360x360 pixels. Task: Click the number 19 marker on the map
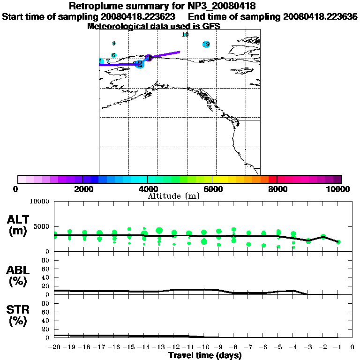pos(206,44)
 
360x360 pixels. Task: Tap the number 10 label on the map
pos(185,35)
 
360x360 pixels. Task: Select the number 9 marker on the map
pos(114,44)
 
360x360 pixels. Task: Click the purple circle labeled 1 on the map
pos(149,58)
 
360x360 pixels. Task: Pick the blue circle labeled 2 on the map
pos(139,64)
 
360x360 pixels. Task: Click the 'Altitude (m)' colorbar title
pos(174,196)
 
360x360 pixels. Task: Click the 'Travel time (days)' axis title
pos(205,355)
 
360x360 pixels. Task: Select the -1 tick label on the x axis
pos(337,347)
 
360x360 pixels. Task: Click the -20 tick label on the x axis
pos(55,347)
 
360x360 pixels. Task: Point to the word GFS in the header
pos(211,26)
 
